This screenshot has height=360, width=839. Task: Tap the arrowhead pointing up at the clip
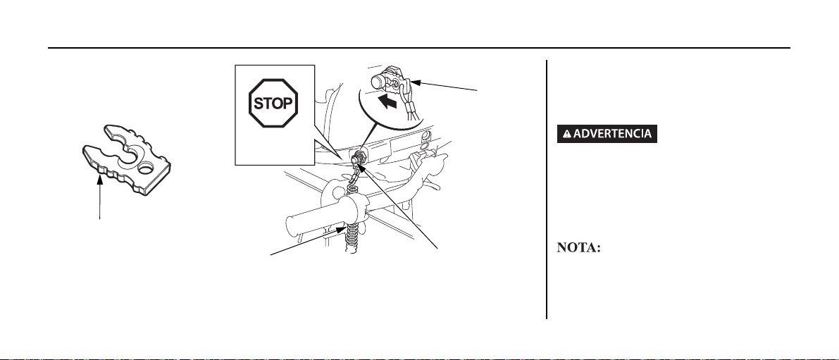[101, 180]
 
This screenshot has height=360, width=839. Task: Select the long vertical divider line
[547, 190]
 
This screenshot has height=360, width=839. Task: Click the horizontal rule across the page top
[419, 49]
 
